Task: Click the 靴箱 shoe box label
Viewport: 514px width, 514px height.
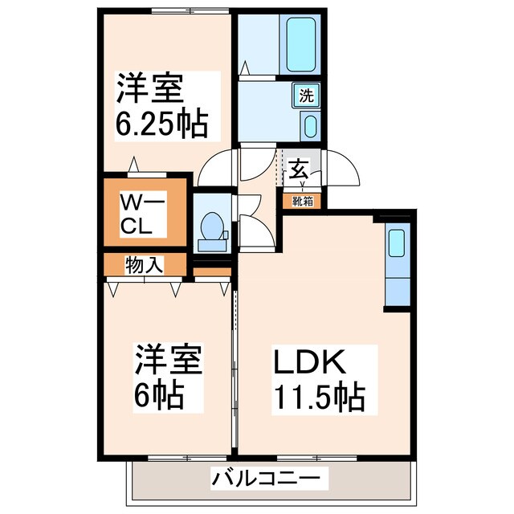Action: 302,201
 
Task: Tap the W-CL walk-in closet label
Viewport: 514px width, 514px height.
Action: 142,212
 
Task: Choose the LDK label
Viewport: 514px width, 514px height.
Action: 312,362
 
